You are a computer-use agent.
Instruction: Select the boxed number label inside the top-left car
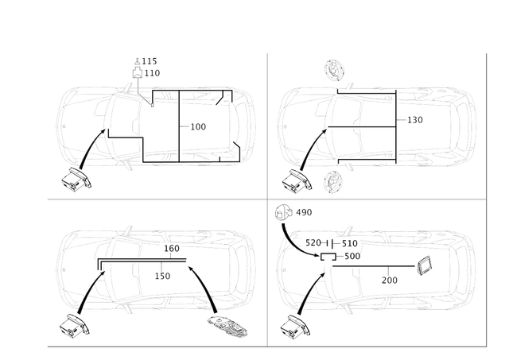(200, 126)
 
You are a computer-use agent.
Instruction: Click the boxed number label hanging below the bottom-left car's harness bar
(164, 275)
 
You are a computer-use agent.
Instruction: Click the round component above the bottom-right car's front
(286, 212)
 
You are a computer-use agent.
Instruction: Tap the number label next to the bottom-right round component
(306, 212)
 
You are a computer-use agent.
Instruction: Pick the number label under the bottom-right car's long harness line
(390, 279)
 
